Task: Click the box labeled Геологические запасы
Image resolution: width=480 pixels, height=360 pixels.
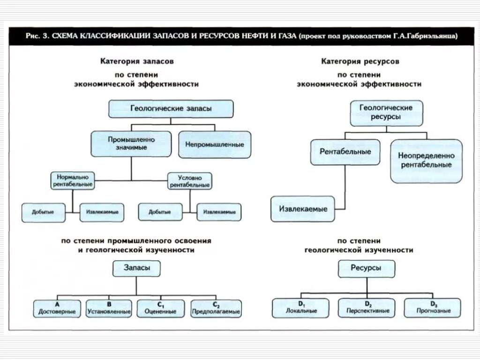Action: click(171, 109)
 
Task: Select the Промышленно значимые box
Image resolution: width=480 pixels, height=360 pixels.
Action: click(131, 143)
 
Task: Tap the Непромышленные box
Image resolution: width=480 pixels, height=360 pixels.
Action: click(215, 144)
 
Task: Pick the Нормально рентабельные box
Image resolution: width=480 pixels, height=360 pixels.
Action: click(73, 181)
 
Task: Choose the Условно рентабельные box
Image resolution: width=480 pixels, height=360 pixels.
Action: click(190, 181)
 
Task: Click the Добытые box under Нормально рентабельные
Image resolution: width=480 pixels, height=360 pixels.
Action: click(43, 212)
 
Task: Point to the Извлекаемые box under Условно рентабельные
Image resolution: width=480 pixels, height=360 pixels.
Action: click(219, 212)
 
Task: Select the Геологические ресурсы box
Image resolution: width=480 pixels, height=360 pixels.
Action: click(386, 112)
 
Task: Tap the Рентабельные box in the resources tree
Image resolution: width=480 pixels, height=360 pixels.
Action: click(345, 152)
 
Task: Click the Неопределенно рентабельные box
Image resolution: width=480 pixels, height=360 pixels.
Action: click(426, 160)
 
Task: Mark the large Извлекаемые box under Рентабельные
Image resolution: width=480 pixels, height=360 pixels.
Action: click(303, 209)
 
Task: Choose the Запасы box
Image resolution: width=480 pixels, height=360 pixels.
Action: click(136, 269)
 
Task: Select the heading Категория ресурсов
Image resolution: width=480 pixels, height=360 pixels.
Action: click(360, 61)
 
